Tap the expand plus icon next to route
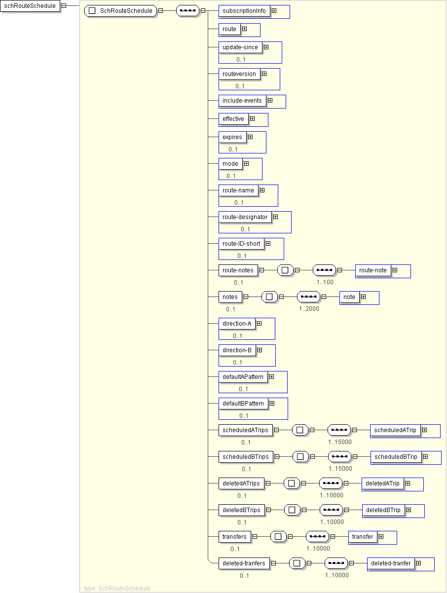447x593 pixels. coord(244,29)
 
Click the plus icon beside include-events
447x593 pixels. coord(270,101)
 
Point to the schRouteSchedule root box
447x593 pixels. coord(30,6)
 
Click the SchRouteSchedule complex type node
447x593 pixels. coord(121,11)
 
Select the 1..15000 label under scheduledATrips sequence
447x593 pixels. coord(340,442)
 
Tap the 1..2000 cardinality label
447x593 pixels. coord(309,309)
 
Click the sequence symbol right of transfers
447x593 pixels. coord(317,537)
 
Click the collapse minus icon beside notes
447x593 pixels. coord(246,297)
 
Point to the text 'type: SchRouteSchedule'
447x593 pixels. coord(117,589)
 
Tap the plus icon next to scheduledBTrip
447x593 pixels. coord(426,457)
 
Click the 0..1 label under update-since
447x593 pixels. coord(241,60)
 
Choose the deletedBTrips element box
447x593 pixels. coord(242,510)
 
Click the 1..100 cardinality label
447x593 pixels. coord(325,282)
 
